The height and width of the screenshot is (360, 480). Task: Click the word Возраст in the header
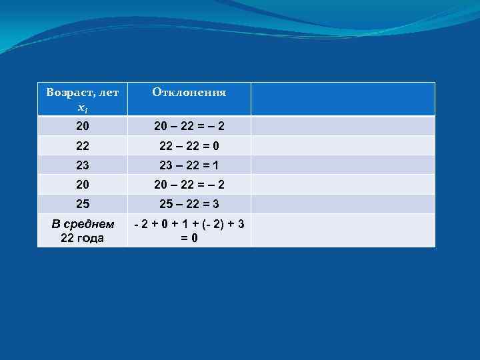(69, 92)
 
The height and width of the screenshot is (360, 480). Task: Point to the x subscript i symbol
(82, 107)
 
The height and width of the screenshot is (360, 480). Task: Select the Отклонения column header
(189, 93)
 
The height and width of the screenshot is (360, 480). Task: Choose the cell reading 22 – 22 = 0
(189, 145)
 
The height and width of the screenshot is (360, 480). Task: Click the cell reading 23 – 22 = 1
(189, 165)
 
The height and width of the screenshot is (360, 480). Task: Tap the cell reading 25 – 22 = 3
(189, 203)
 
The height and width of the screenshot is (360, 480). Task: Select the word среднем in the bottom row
(90, 224)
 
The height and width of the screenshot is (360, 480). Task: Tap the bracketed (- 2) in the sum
(213, 224)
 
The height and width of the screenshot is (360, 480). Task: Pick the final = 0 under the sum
(189, 237)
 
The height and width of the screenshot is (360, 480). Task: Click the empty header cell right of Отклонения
(343, 99)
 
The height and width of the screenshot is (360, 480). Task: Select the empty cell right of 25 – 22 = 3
(343, 203)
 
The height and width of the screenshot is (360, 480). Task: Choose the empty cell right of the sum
(343, 231)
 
